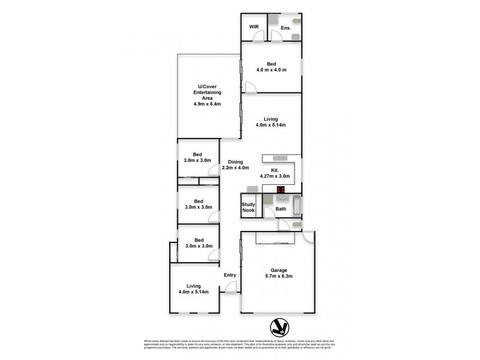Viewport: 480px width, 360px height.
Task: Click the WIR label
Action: pyautogui.click(x=253, y=27)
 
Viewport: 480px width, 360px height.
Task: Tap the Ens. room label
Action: pyautogui.click(x=285, y=28)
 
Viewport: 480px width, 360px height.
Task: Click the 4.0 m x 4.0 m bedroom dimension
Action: pyautogui.click(x=271, y=70)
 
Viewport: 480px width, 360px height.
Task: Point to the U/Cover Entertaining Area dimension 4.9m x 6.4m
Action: pyautogui.click(x=207, y=104)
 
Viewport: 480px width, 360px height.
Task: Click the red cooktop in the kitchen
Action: pyautogui.click(x=280, y=190)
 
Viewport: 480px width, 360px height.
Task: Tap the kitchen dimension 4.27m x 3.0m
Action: pyautogui.click(x=275, y=176)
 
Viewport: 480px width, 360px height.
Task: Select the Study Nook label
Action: pyautogui.click(x=248, y=208)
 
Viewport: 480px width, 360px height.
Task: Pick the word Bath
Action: pyautogui.click(x=281, y=209)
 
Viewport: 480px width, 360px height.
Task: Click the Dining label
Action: pyautogui.click(x=235, y=161)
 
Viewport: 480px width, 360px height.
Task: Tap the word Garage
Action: pyautogui.click(x=279, y=269)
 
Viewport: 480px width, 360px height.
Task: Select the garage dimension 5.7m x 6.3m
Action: pyautogui.click(x=279, y=276)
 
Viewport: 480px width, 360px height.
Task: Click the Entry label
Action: pyautogui.click(x=230, y=275)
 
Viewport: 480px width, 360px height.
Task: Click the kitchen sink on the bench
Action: pyautogui.click(x=281, y=158)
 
